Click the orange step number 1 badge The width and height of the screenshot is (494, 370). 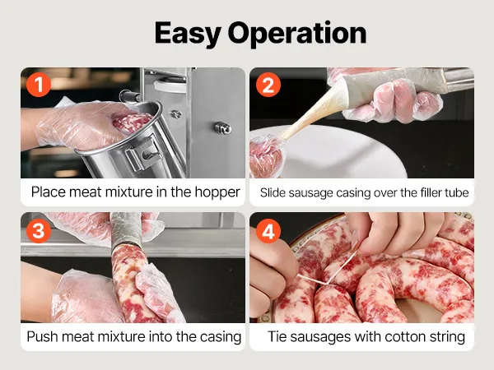39,85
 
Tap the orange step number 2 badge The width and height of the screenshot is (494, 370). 268,85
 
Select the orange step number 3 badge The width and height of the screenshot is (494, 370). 39,231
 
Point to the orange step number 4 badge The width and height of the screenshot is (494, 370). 268,231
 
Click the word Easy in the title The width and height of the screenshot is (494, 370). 188,34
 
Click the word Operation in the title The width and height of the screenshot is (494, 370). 297,33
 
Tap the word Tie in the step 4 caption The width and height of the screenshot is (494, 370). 277,336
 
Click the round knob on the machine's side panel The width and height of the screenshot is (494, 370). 223,128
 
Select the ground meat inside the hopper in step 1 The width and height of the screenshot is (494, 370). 132,122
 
